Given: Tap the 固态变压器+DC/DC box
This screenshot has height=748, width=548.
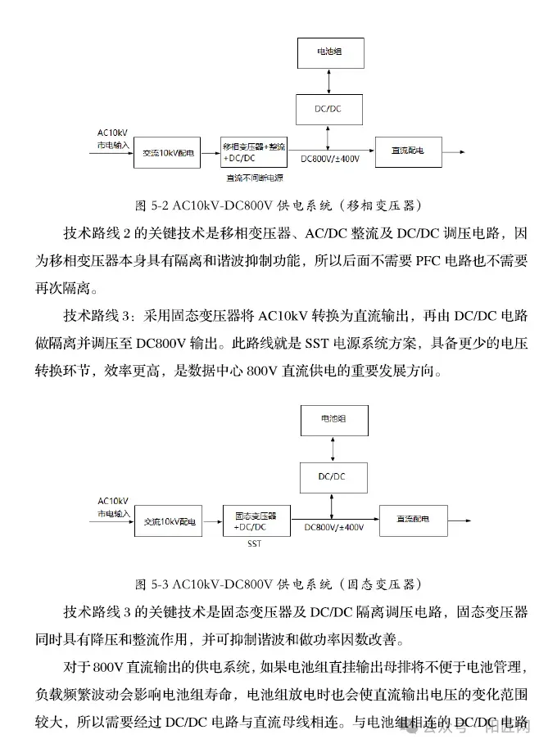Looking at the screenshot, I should pos(256,520).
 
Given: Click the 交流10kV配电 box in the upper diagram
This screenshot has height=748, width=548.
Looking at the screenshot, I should pos(168,152).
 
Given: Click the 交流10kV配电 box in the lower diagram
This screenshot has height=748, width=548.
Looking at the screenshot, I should pos(170,520).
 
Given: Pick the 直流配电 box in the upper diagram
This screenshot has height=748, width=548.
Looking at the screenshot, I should pos(407,151).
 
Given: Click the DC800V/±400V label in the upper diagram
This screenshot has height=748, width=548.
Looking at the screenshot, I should pos(329,159).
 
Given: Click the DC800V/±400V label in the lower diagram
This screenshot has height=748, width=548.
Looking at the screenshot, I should pos(333,528).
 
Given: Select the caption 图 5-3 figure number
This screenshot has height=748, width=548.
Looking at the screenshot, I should pos(152,584).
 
